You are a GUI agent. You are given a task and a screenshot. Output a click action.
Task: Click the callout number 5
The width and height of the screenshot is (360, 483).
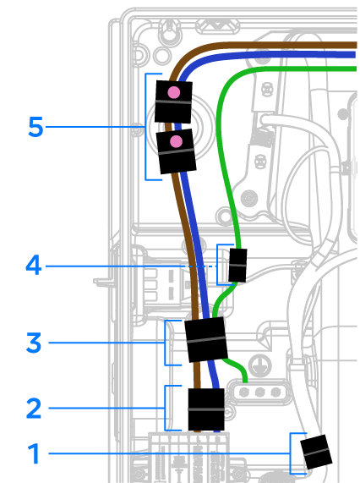click(35, 127)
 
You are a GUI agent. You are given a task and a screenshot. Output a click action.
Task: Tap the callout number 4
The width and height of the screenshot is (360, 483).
click(34, 265)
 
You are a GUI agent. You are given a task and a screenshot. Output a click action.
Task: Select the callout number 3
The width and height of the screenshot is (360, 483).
click(34, 343)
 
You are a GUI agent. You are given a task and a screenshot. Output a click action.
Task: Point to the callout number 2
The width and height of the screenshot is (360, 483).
click(34, 409)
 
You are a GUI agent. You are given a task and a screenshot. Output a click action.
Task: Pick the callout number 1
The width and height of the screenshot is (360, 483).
click(34, 453)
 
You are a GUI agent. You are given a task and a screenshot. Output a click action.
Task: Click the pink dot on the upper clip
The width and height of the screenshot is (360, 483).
click(174, 92)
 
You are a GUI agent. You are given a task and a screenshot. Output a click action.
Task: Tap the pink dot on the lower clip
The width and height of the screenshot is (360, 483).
click(176, 141)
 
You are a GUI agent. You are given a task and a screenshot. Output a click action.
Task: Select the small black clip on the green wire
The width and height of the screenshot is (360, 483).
click(237, 266)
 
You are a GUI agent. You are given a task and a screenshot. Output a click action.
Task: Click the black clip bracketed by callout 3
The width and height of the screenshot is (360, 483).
click(206, 339)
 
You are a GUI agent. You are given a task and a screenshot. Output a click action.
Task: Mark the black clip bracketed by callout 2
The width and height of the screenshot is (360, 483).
click(206, 409)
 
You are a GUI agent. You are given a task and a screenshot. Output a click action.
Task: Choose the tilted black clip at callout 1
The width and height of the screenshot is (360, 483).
click(316, 452)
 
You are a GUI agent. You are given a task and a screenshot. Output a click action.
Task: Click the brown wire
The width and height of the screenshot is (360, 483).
click(184, 216)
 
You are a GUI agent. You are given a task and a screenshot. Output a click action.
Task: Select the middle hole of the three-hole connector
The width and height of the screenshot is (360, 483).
click(260, 392)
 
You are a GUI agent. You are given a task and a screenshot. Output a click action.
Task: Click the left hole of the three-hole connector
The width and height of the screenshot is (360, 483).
click(244, 392)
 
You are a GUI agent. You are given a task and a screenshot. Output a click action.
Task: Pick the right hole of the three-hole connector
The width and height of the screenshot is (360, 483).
click(275, 392)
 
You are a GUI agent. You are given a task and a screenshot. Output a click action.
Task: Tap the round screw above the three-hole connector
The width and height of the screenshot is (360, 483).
click(260, 365)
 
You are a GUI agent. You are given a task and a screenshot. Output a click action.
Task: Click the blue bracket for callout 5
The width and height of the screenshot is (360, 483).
click(145, 127)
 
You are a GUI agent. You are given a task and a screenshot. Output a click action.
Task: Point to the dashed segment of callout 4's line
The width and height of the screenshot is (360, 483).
click(201, 266)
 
